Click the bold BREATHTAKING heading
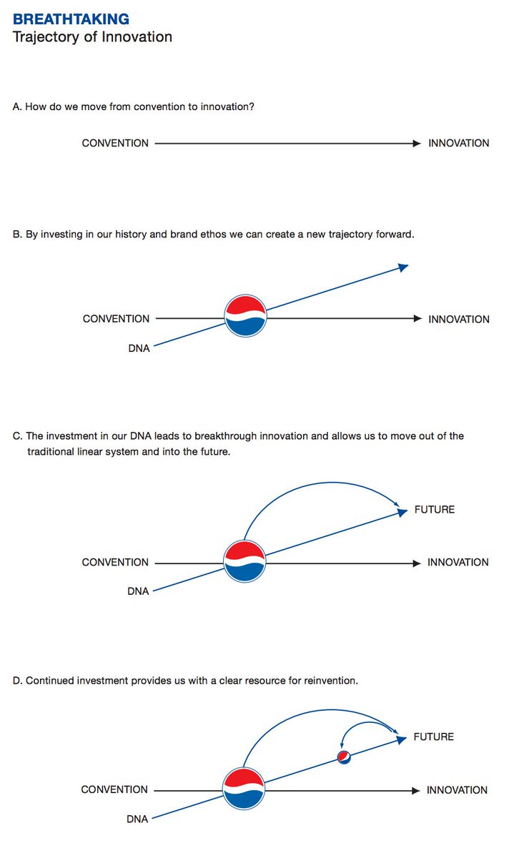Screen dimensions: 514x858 [x=71, y=19]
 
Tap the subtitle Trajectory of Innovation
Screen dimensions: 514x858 [x=92, y=36]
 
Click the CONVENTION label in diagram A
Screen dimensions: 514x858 [x=115, y=143]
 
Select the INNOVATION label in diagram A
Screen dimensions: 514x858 [x=458, y=143]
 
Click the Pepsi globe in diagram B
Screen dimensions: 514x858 [x=246, y=316]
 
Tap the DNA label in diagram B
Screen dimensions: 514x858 [x=139, y=349]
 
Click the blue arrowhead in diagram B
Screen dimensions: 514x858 [x=403, y=267]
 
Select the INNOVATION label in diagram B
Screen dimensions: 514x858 [x=458, y=320]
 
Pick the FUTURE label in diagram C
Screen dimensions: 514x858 [x=434, y=510]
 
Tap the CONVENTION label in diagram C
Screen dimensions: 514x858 [x=115, y=563]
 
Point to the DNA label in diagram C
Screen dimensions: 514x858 [x=138, y=592]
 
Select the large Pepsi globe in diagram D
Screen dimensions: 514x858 [x=244, y=789]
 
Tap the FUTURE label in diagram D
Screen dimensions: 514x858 [x=433, y=737]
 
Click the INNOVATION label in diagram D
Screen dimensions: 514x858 [x=457, y=790]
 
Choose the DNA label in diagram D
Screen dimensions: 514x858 [x=137, y=819]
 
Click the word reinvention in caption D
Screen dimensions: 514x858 [x=326, y=681]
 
